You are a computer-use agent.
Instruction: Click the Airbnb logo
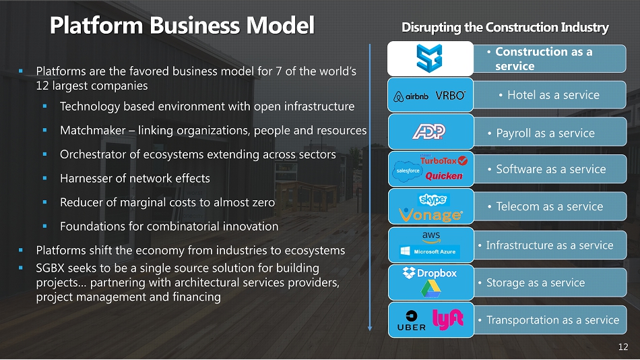click(411, 96)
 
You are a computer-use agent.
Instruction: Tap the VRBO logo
click(451, 96)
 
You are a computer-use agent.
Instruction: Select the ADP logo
click(428, 131)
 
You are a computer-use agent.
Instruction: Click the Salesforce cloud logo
click(407, 171)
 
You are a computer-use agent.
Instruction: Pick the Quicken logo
click(444, 176)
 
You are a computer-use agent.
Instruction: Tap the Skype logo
click(433, 200)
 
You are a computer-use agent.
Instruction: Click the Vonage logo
click(430, 215)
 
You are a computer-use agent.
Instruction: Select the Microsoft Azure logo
click(430, 251)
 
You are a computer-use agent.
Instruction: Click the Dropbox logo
click(429, 273)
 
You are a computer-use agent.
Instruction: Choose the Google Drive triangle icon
click(430, 290)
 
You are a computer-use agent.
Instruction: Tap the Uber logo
click(412, 321)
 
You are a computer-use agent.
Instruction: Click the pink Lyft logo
click(447, 319)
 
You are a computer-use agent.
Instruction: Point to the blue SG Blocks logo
click(429, 59)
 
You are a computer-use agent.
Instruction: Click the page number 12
click(623, 347)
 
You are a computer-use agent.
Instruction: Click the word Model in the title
click(280, 26)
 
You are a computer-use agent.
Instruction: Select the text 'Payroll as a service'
click(545, 133)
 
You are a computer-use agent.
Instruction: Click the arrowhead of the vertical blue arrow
click(370, 328)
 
